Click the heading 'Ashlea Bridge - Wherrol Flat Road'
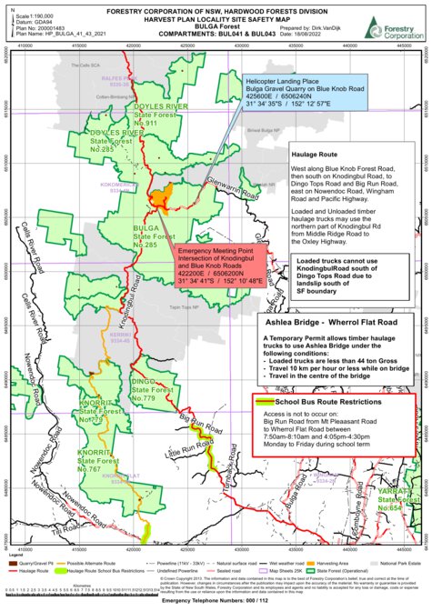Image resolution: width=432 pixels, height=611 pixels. (337, 323)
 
